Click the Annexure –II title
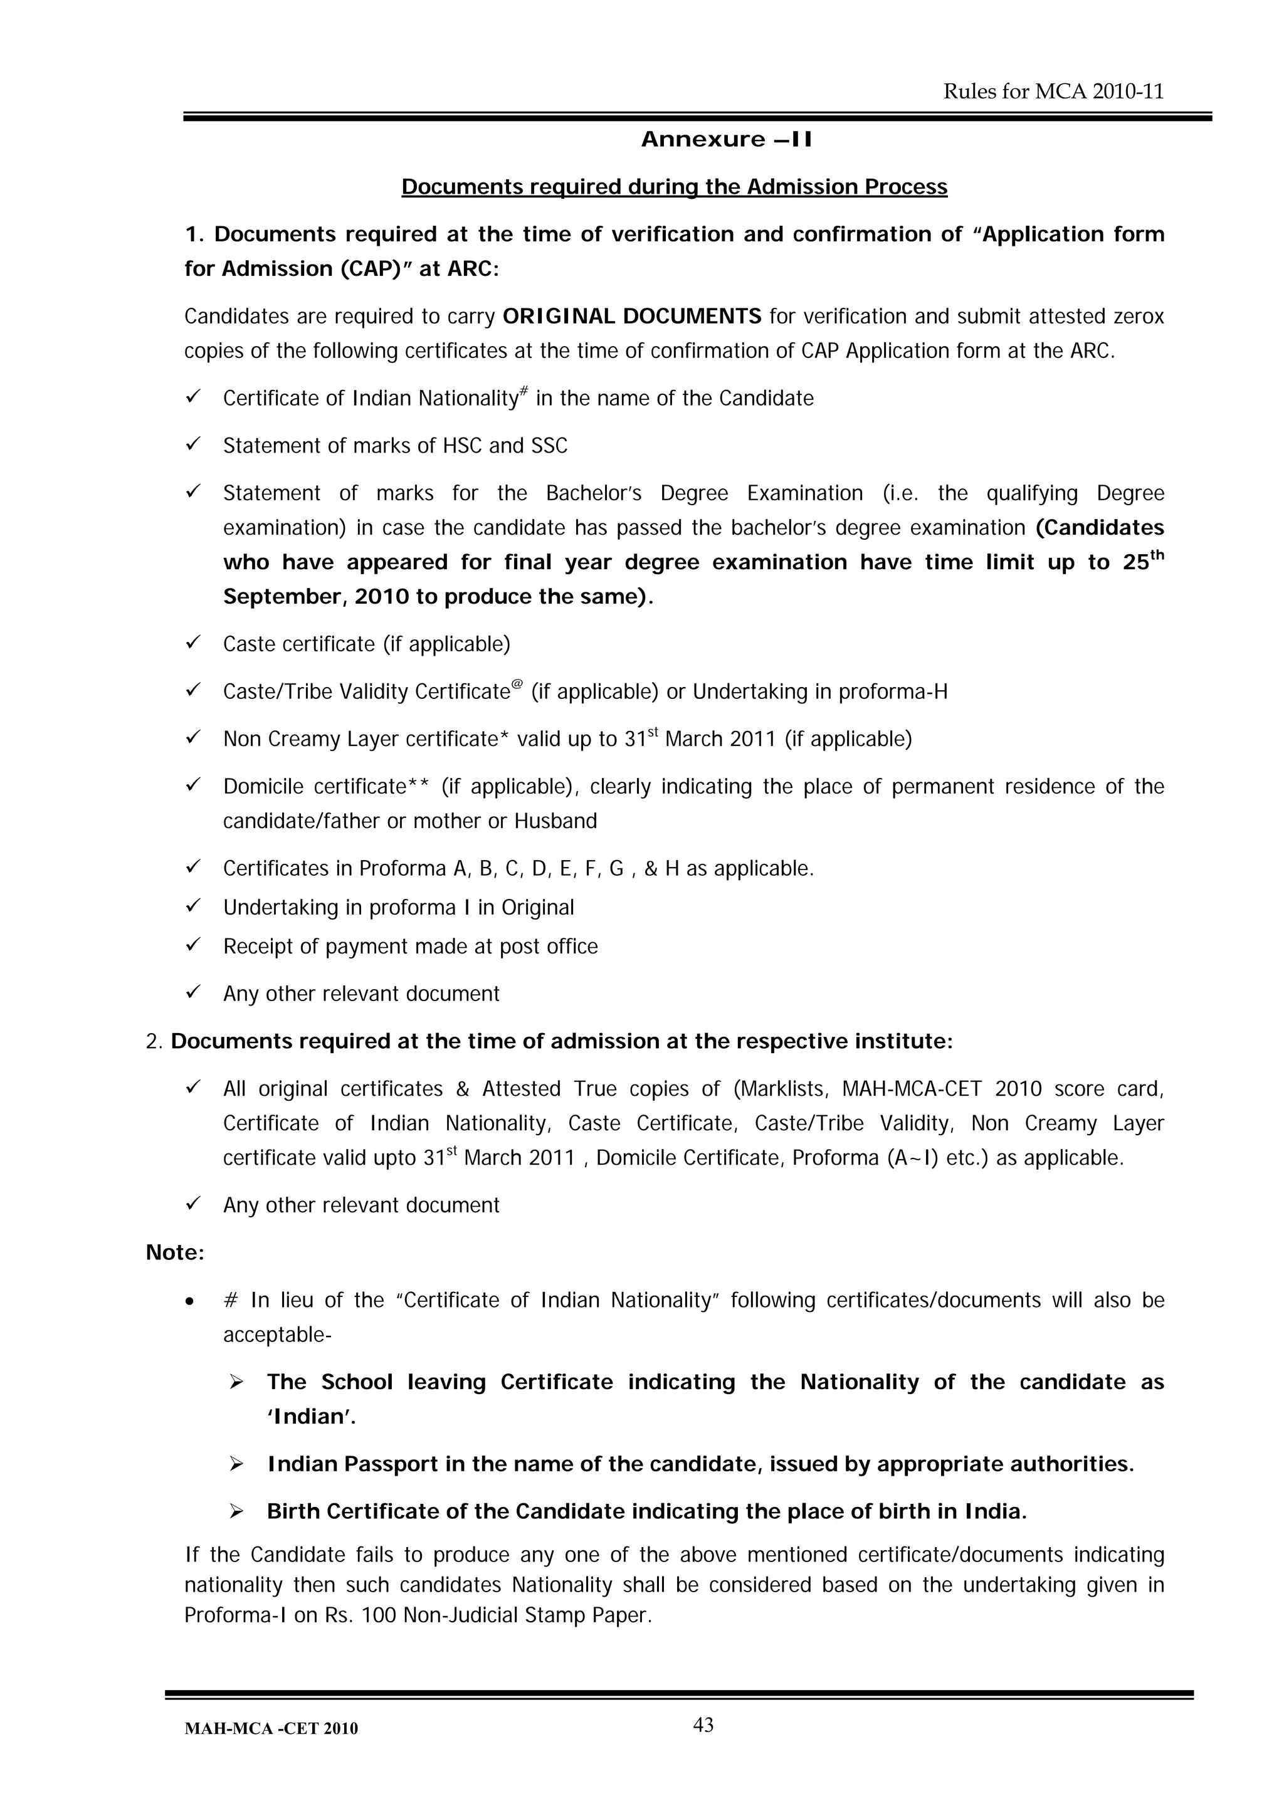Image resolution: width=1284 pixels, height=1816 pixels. (726, 140)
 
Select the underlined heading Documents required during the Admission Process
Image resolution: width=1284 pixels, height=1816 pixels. (674, 187)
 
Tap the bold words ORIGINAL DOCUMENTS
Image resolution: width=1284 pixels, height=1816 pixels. (632, 317)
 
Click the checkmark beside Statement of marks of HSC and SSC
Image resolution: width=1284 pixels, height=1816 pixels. (193, 444)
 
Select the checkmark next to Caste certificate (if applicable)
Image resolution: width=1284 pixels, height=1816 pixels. (193, 643)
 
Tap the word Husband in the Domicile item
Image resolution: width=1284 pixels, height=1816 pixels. (555, 821)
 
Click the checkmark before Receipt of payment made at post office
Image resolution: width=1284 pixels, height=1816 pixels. (193, 945)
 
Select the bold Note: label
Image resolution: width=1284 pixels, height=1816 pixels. (175, 1253)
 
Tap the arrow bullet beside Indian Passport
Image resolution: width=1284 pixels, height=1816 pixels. (236, 1465)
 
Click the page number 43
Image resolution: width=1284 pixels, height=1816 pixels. (703, 1725)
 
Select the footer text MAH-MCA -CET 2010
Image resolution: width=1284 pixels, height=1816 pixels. (271, 1729)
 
